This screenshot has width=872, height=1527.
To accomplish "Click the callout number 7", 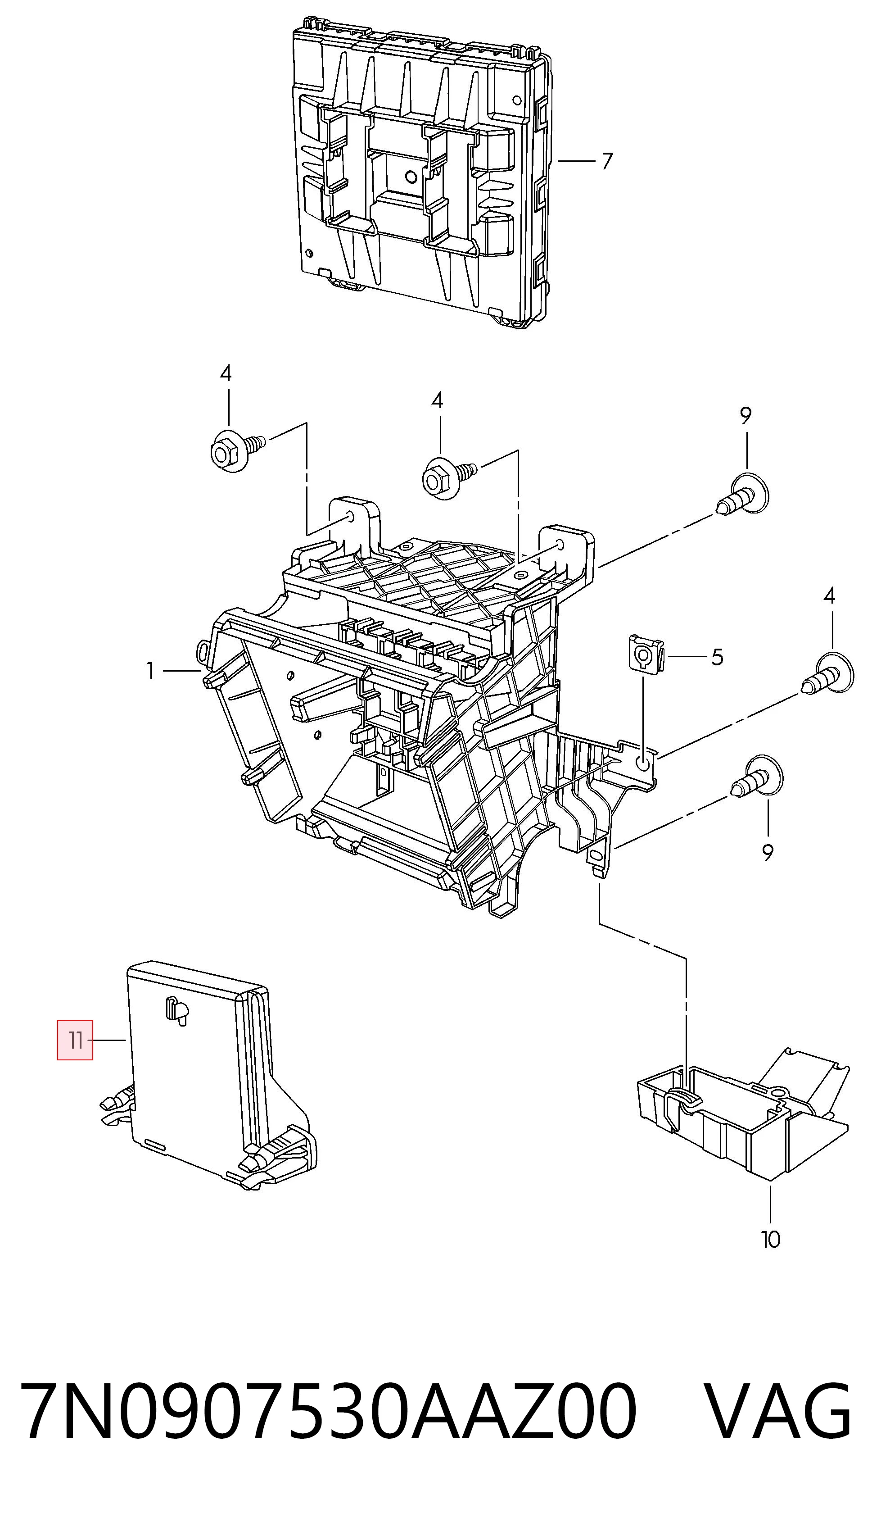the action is (607, 161).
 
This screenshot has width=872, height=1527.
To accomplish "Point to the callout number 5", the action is (717, 657).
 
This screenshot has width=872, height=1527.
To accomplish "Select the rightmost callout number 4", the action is (829, 595).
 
